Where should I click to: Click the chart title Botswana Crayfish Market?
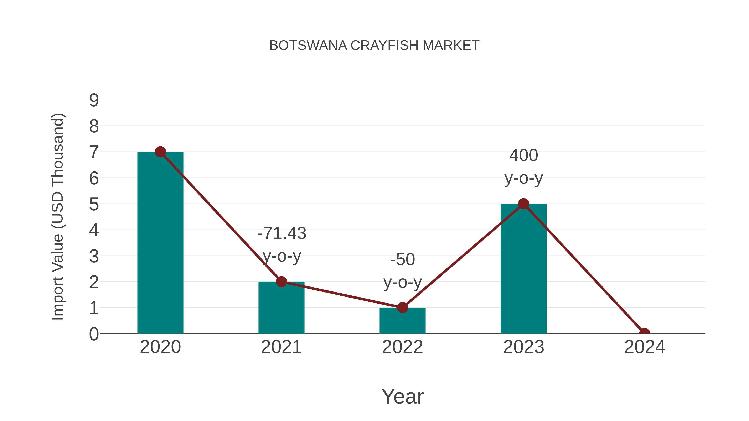click(374, 46)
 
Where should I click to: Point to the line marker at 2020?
click(160, 152)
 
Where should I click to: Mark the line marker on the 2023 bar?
click(523, 204)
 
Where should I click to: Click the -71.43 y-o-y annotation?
click(282, 245)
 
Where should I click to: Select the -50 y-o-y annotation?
click(402, 270)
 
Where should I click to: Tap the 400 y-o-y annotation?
click(523, 167)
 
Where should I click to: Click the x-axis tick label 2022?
click(402, 347)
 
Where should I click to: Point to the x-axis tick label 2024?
click(644, 347)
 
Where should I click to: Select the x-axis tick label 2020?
click(160, 347)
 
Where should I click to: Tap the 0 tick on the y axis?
click(94, 334)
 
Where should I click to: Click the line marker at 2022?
click(402, 307)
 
